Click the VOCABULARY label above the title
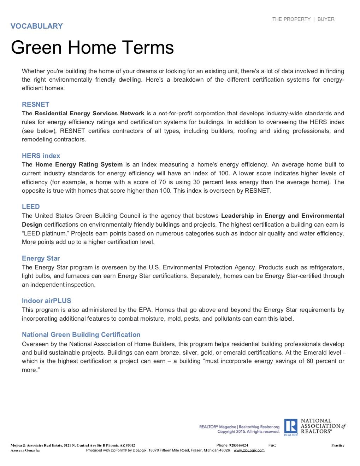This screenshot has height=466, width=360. point(37,26)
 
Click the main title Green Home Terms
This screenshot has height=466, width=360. point(92,47)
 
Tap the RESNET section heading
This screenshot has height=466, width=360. point(35,105)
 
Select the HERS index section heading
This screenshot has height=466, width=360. point(41,156)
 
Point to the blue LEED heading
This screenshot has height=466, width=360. point(31,207)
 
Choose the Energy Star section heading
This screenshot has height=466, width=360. point(41,258)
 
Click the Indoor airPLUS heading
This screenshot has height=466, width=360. point(46,301)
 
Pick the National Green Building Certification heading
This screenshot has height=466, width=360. point(81,335)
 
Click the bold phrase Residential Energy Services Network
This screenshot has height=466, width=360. point(89,113)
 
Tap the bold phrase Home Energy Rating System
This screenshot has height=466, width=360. point(79,164)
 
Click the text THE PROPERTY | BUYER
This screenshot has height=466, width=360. point(303,19)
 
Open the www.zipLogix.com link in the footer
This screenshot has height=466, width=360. point(249,450)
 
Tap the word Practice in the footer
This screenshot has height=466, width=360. point(337,445)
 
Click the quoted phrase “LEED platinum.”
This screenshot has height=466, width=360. point(46,233)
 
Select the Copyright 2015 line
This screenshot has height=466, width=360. point(248,432)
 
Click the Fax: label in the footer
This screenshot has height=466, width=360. point(272,445)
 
